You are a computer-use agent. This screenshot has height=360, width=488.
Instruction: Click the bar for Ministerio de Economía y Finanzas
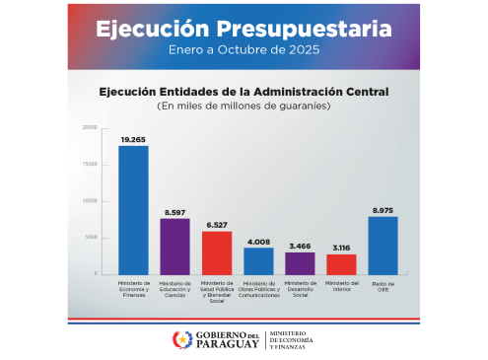[133, 210]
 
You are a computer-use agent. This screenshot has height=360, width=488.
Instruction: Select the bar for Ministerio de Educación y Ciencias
[174, 247]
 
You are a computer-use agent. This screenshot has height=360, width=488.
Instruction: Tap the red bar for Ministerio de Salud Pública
[217, 252]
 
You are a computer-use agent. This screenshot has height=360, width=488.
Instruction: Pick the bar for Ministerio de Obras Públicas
[258, 260]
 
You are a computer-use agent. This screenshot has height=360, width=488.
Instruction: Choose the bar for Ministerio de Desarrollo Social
[300, 263]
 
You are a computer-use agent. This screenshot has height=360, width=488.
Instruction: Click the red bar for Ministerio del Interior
[341, 264]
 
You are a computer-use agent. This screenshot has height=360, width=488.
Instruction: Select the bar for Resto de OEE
[383, 246]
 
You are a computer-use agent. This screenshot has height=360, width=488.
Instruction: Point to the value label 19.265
[133, 140]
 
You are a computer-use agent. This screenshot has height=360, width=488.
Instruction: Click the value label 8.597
[174, 212]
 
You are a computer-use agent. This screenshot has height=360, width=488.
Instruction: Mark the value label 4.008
[258, 242]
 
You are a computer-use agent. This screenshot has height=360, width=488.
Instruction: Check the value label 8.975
[383, 210]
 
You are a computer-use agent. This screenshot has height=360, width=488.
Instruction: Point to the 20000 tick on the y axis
[90, 128]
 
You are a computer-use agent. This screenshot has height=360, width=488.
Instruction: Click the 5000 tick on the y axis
[91, 238]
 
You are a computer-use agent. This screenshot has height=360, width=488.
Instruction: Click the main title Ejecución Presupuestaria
[244, 29]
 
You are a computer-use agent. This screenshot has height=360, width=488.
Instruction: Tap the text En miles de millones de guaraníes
[244, 105]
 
